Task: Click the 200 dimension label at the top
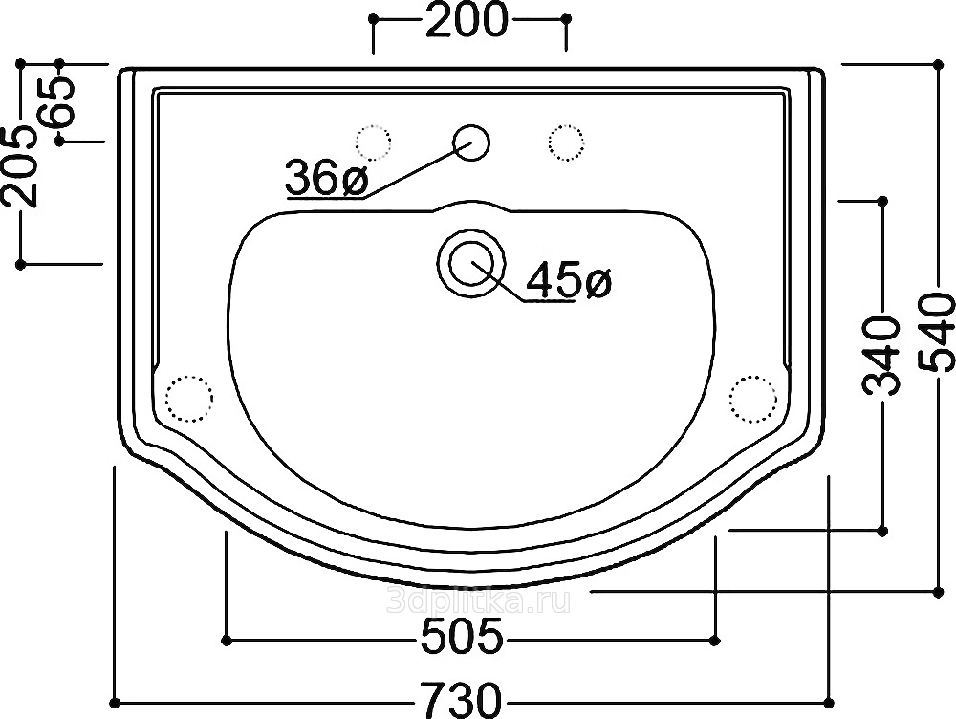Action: pos(467,19)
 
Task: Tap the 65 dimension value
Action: pos(59,101)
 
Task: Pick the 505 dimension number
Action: pos(463,636)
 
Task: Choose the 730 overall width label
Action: pos(462,701)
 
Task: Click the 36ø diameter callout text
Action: pos(327,178)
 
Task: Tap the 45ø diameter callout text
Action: pos(568,280)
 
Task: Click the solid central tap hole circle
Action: pos(471,142)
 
